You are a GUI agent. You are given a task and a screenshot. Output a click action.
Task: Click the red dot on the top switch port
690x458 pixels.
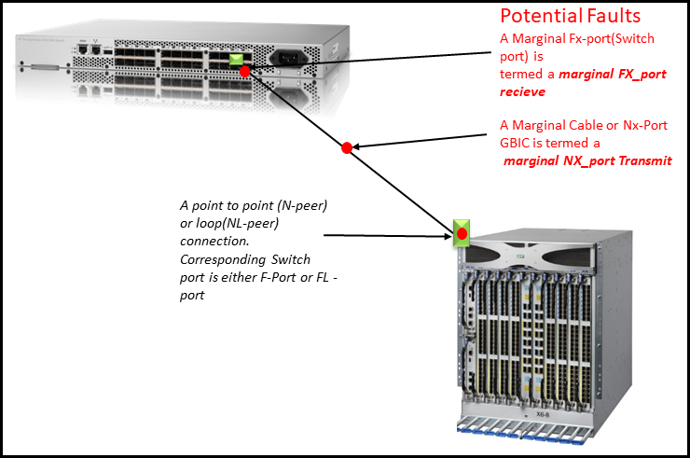click(245, 71)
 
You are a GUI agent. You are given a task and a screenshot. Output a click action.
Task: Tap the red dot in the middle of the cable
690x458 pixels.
click(346, 147)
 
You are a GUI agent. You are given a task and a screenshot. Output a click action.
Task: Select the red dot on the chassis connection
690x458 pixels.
click(462, 232)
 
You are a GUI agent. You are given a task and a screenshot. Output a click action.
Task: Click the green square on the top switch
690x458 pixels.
click(240, 62)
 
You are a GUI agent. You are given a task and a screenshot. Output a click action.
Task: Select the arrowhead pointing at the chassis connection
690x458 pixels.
click(446, 237)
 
